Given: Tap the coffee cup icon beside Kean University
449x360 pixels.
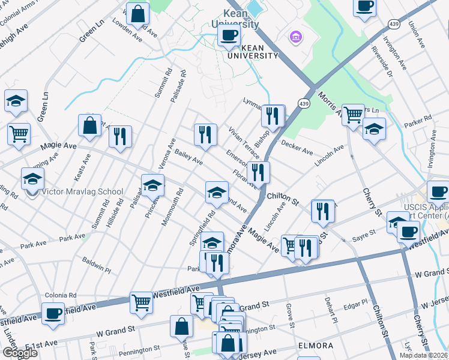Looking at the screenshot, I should [228, 35].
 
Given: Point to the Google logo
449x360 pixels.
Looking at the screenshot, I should [20, 353].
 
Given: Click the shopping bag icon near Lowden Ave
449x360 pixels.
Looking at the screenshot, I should [138, 14].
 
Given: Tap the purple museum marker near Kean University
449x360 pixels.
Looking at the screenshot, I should [295, 38].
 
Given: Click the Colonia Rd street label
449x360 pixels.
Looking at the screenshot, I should [61, 295].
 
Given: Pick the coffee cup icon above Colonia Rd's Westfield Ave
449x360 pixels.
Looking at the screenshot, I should [53, 313].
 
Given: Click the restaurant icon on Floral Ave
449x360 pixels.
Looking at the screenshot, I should [258, 172].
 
